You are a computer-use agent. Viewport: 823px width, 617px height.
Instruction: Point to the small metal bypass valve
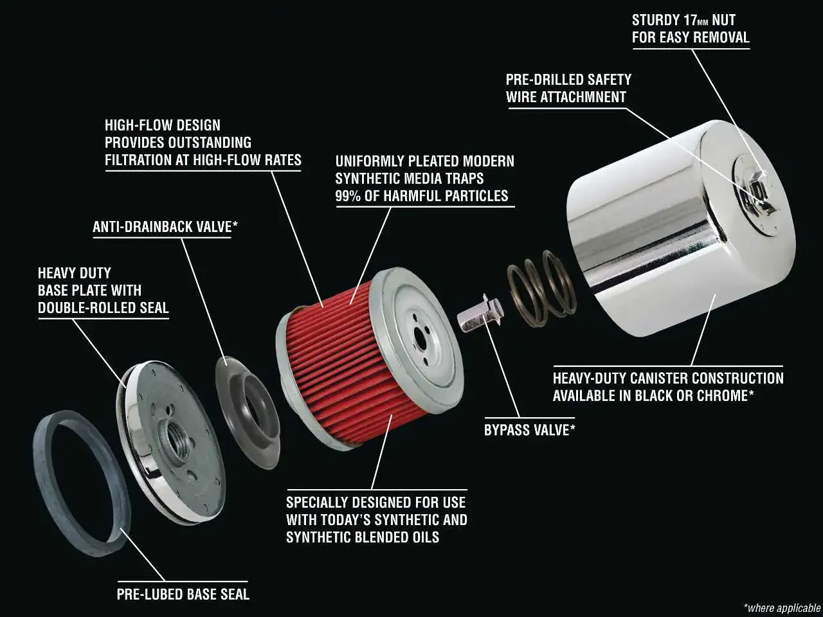point(480,314)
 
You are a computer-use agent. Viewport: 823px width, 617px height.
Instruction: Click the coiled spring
point(541,289)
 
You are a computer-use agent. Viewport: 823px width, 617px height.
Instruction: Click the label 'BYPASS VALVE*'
point(529,430)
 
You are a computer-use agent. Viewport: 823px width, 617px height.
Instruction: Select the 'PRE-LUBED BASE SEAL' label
point(183,594)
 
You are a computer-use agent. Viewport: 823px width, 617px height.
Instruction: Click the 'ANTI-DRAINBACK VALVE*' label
point(165,227)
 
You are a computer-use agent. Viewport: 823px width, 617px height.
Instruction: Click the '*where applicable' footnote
point(782,607)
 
